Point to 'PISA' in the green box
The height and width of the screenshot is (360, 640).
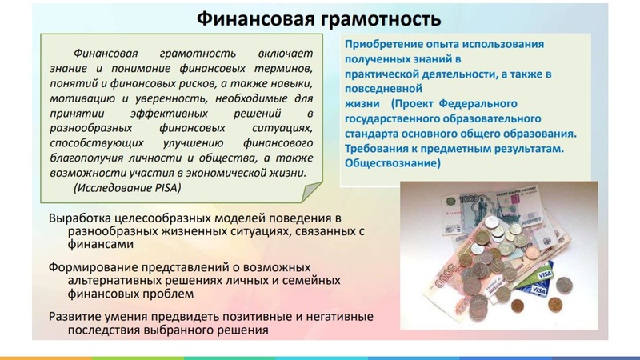pos(165,187)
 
